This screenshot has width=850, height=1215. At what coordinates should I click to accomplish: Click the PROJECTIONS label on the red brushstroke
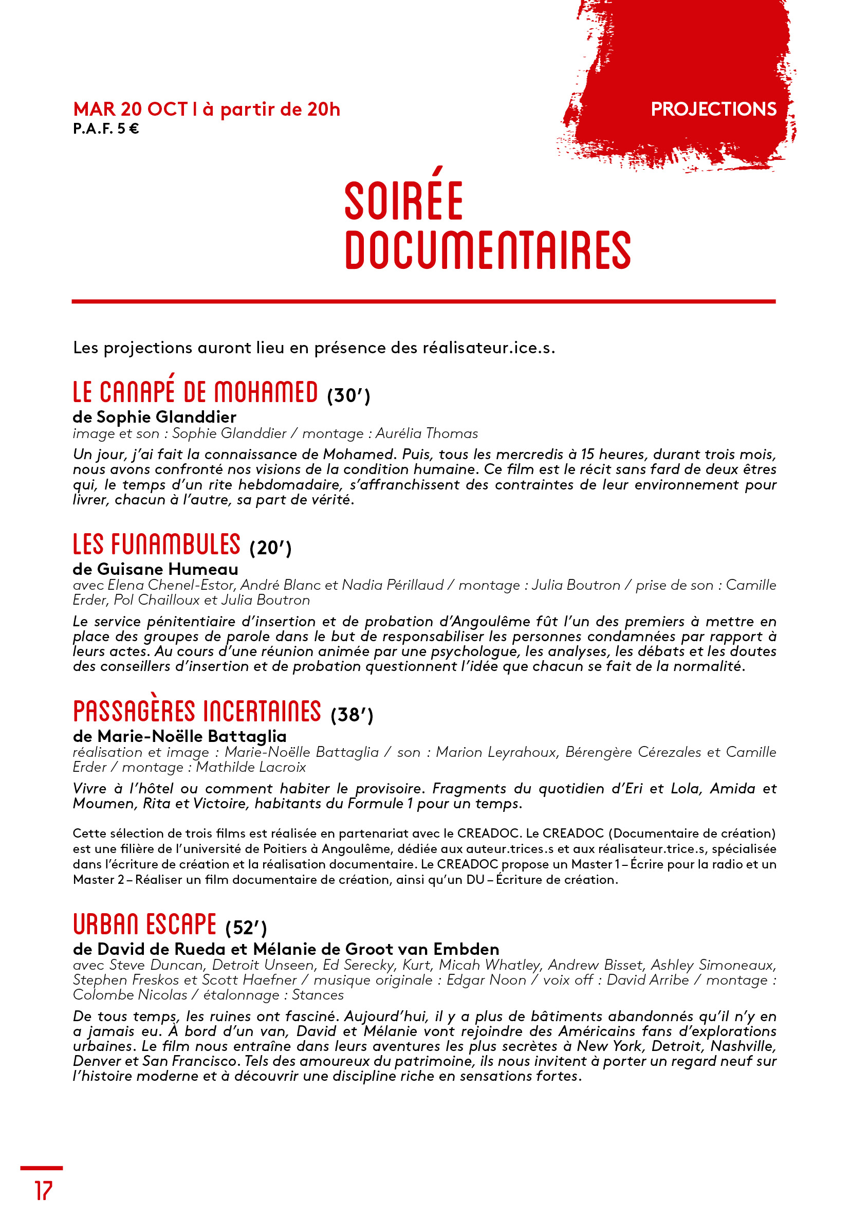coord(713,109)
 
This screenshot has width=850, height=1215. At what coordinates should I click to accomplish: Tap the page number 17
coord(44,1191)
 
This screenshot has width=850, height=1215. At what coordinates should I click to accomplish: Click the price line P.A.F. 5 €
coord(106,129)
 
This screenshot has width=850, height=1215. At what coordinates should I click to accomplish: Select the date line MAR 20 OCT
coord(131,109)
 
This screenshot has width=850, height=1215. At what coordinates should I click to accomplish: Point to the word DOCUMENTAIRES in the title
coord(488,250)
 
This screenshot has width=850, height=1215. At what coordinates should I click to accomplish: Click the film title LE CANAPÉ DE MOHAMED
coord(195,392)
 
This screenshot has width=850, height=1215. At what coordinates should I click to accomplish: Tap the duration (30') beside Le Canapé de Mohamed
coord(348,395)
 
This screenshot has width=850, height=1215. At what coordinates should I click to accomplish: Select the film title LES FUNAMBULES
coord(157,545)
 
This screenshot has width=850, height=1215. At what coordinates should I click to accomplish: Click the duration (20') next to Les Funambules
coord(270,548)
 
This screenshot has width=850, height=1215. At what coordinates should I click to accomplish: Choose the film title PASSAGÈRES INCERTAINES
coord(197,711)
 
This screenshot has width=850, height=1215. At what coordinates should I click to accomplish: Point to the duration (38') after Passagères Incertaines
coord(352,715)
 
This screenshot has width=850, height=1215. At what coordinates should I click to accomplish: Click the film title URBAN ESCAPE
coord(144,924)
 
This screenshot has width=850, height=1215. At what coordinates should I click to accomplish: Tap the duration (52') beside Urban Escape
coord(246,928)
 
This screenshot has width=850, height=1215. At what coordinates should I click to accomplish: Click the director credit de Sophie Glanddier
coord(155,417)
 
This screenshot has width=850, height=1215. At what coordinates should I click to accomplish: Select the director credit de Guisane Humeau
coord(156,569)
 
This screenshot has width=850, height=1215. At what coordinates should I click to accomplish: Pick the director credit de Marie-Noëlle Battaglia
coord(180,736)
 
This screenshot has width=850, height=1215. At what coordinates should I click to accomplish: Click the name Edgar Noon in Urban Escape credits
coord(486,980)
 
